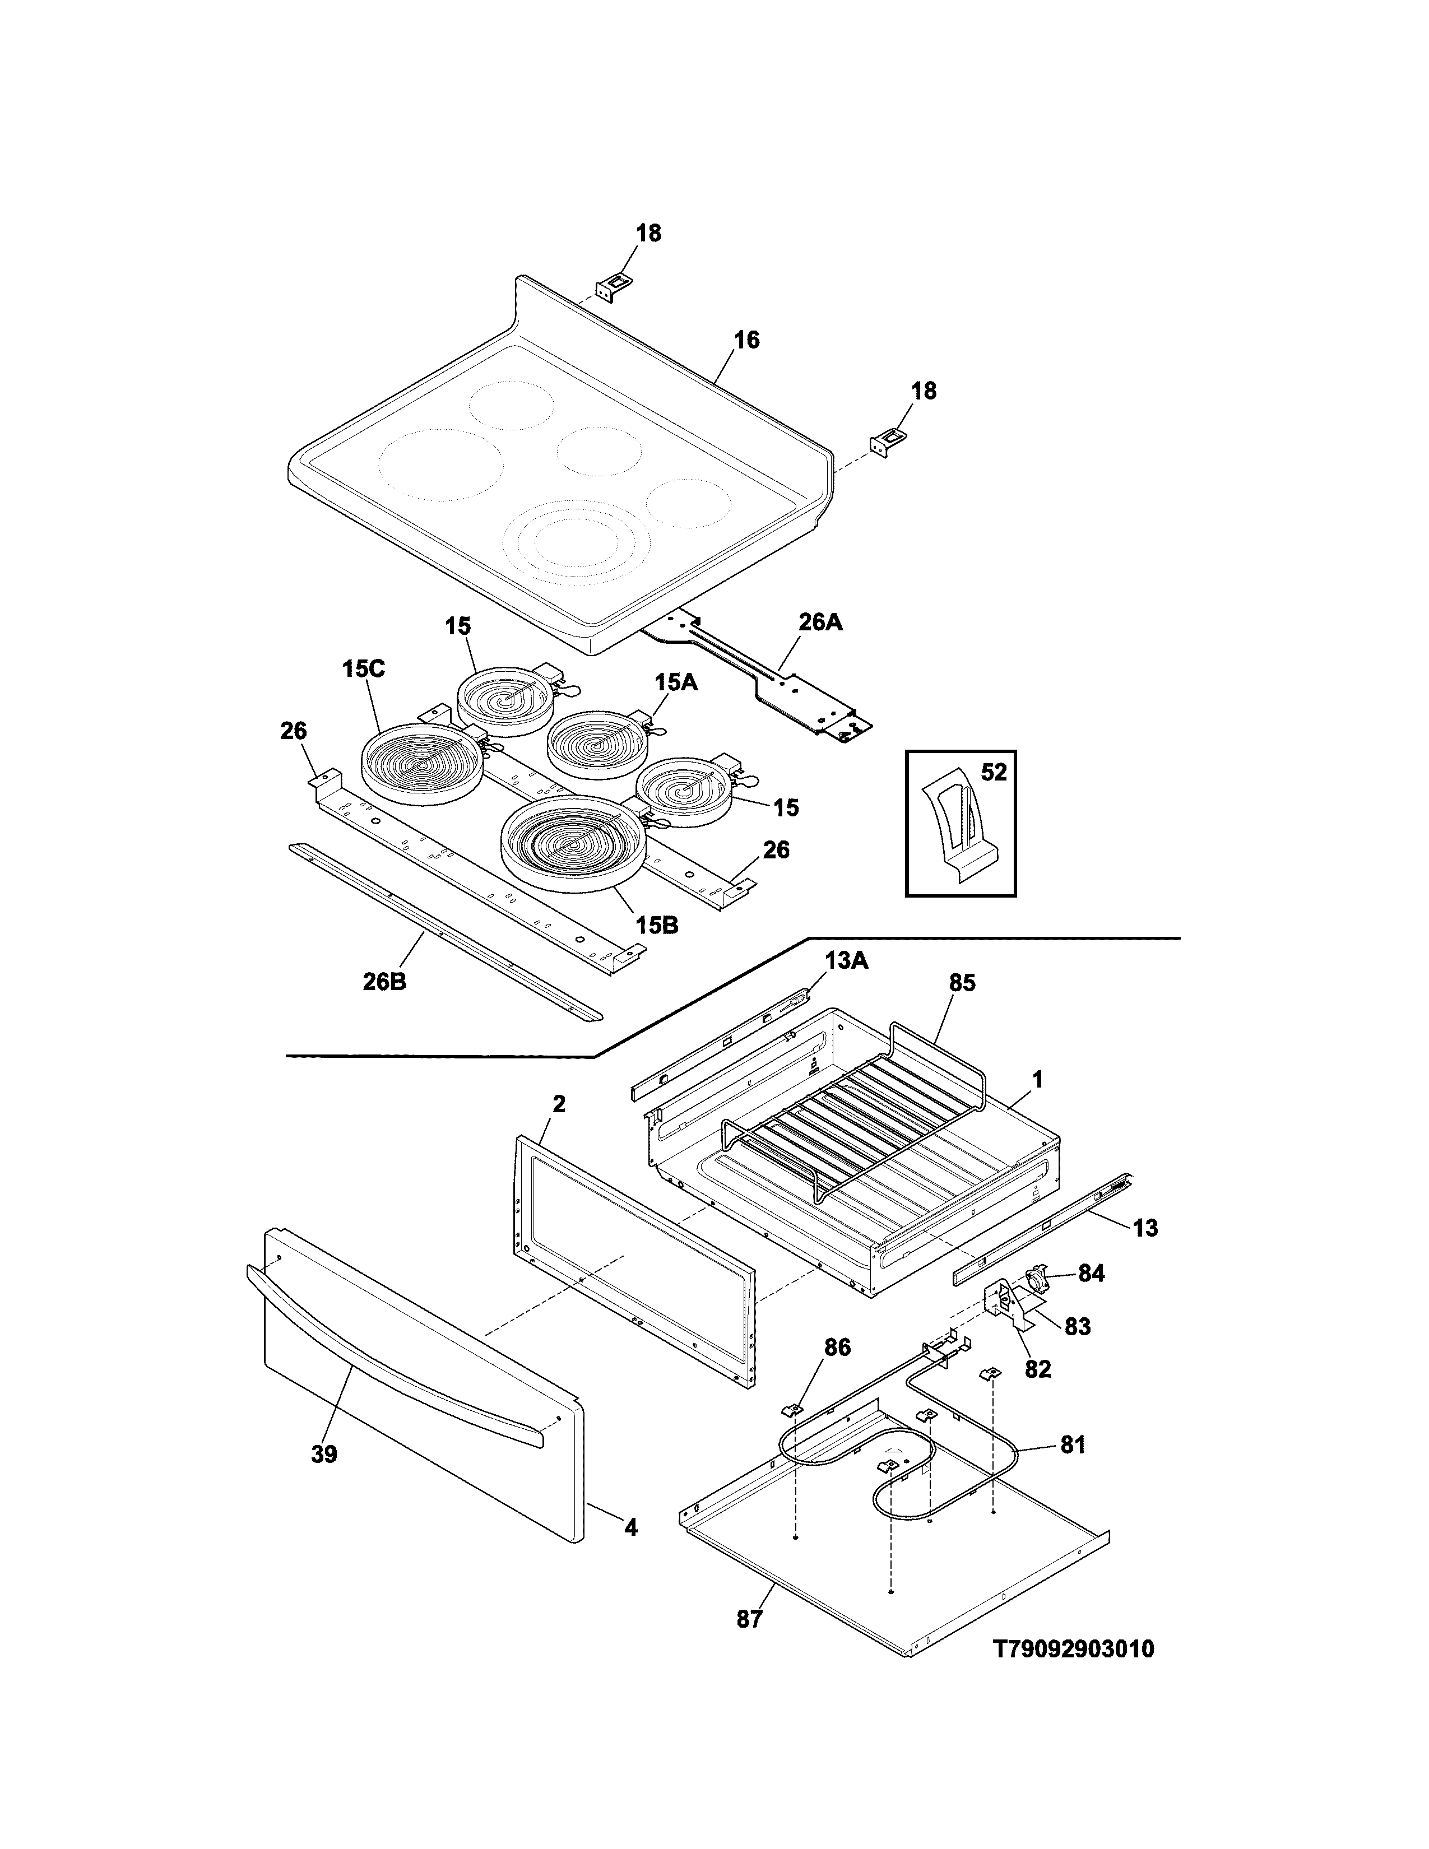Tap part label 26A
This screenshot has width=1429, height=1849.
[820, 623]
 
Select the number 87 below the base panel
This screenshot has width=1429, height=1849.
[749, 1619]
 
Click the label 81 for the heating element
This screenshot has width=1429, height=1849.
[1073, 1445]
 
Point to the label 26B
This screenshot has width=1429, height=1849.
[385, 983]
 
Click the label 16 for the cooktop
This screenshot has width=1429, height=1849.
[746, 340]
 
